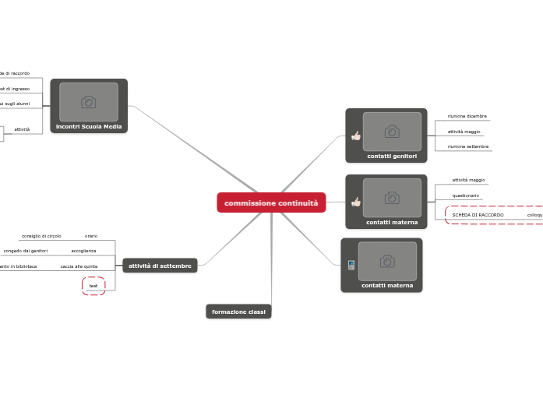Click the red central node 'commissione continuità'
(x=271, y=202)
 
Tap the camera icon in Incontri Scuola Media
(x=89, y=102)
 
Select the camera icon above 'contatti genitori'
(x=392, y=132)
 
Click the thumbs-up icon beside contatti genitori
(x=356, y=136)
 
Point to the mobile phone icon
(x=351, y=265)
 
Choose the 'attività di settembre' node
(x=160, y=266)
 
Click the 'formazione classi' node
(x=238, y=312)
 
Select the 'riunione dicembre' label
(x=467, y=116)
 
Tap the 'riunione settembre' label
(x=467, y=146)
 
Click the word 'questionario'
(x=465, y=195)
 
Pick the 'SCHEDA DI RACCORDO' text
(x=478, y=215)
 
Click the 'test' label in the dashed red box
(x=93, y=286)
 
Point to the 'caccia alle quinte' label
(x=79, y=266)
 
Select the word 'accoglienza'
(x=83, y=251)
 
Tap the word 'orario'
(x=91, y=236)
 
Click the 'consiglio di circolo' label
(x=41, y=236)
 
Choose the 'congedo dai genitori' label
(x=26, y=251)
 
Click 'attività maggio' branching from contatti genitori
(x=464, y=132)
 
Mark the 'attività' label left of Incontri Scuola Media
(x=22, y=129)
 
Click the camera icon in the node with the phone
(x=387, y=261)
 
